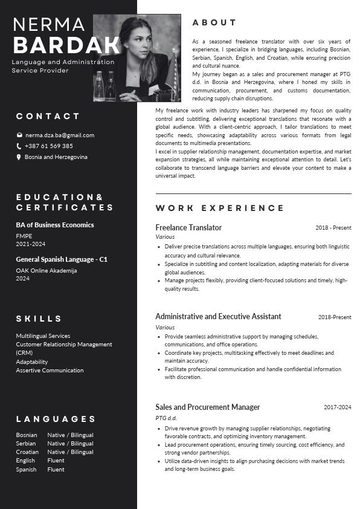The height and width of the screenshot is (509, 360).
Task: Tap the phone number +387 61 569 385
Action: point(48,146)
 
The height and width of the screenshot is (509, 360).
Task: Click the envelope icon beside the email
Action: point(19,135)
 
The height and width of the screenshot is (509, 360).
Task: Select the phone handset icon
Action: point(19,146)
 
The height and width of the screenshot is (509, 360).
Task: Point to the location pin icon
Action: point(19,157)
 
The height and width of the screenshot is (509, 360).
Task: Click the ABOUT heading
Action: point(214,23)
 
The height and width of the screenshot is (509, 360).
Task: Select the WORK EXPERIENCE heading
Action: point(219,209)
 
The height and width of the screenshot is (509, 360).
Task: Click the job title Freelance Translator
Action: point(188,228)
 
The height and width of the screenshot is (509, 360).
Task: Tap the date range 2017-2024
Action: point(337,407)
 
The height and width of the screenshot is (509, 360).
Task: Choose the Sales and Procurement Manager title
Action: point(207,407)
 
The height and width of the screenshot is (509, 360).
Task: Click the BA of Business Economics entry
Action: point(55,225)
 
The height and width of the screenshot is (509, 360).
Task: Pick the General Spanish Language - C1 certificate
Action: point(62,259)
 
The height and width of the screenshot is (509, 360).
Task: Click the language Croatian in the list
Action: point(27,452)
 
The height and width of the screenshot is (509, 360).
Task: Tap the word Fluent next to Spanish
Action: point(56,470)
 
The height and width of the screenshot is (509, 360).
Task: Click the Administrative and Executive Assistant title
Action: point(218,317)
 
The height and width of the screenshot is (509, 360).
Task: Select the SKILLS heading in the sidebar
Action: point(39,319)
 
